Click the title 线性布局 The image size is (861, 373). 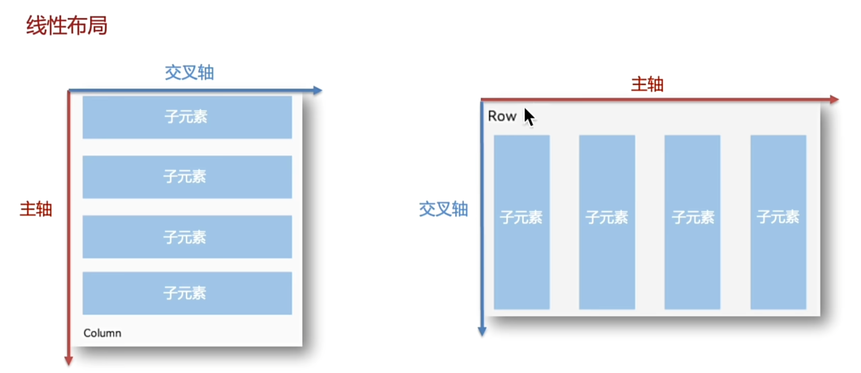[x=66, y=26]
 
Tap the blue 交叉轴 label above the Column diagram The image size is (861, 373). [x=189, y=72]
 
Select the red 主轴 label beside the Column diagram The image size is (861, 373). [x=36, y=209]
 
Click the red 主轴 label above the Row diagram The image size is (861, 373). [x=647, y=84]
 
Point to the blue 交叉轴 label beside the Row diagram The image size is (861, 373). [x=443, y=209]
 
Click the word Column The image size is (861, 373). [x=102, y=333]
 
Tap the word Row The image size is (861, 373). [x=502, y=116]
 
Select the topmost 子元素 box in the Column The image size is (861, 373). [x=187, y=117]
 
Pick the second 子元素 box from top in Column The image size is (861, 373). [x=187, y=177]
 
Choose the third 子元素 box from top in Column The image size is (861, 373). [x=187, y=237]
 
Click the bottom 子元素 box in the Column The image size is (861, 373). [x=187, y=293]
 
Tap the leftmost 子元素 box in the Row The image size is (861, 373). [x=521, y=222]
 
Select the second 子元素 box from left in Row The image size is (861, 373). [x=606, y=222]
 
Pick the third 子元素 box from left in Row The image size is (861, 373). [x=692, y=222]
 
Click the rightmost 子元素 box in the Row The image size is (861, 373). [x=778, y=222]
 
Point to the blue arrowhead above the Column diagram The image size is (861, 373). [x=318, y=91]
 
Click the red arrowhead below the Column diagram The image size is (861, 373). [x=69, y=361]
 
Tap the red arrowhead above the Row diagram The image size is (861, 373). [x=834, y=99]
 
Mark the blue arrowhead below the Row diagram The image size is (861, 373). [x=482, y=331]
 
